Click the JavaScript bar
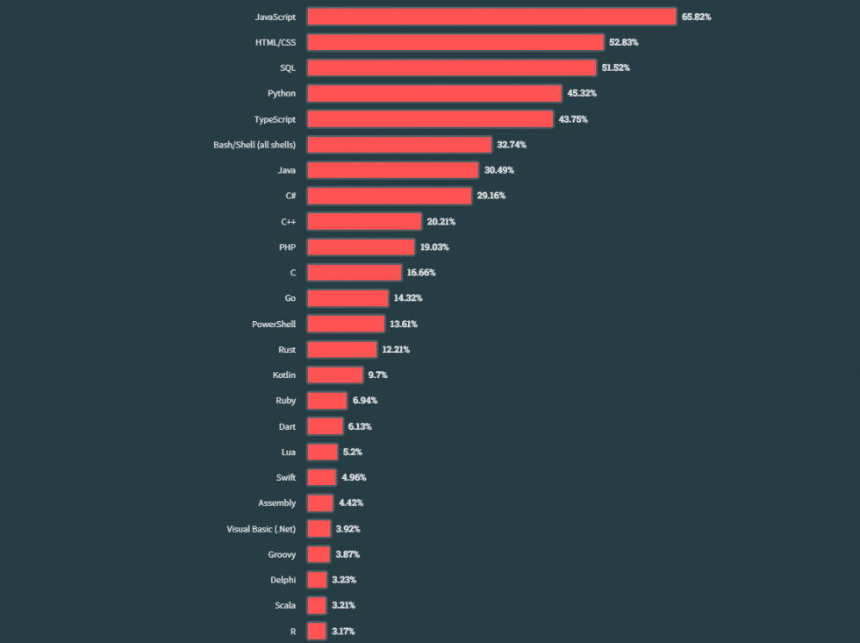tap(491, 17)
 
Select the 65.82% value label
tap(696, 17)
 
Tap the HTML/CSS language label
tap(275, 42)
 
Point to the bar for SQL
tap(452, 68)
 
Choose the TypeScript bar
tap(430, 119)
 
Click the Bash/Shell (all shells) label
tap(254, 145)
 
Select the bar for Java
tap(393, 170)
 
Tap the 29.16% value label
tap(491, 196)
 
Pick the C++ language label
tap(288, 222)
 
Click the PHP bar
tap(361, 247)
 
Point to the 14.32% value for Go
tap(407, 298)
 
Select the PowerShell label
tap(274, 324)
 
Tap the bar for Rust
tap(341, 349)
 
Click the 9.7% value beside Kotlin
tap(377, 375)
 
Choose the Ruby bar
tap(326, 401)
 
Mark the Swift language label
tap(285, 477)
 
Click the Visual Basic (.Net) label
tap(261, 529)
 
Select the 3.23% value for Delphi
tap(343, 580)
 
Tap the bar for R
tap(317, 631)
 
